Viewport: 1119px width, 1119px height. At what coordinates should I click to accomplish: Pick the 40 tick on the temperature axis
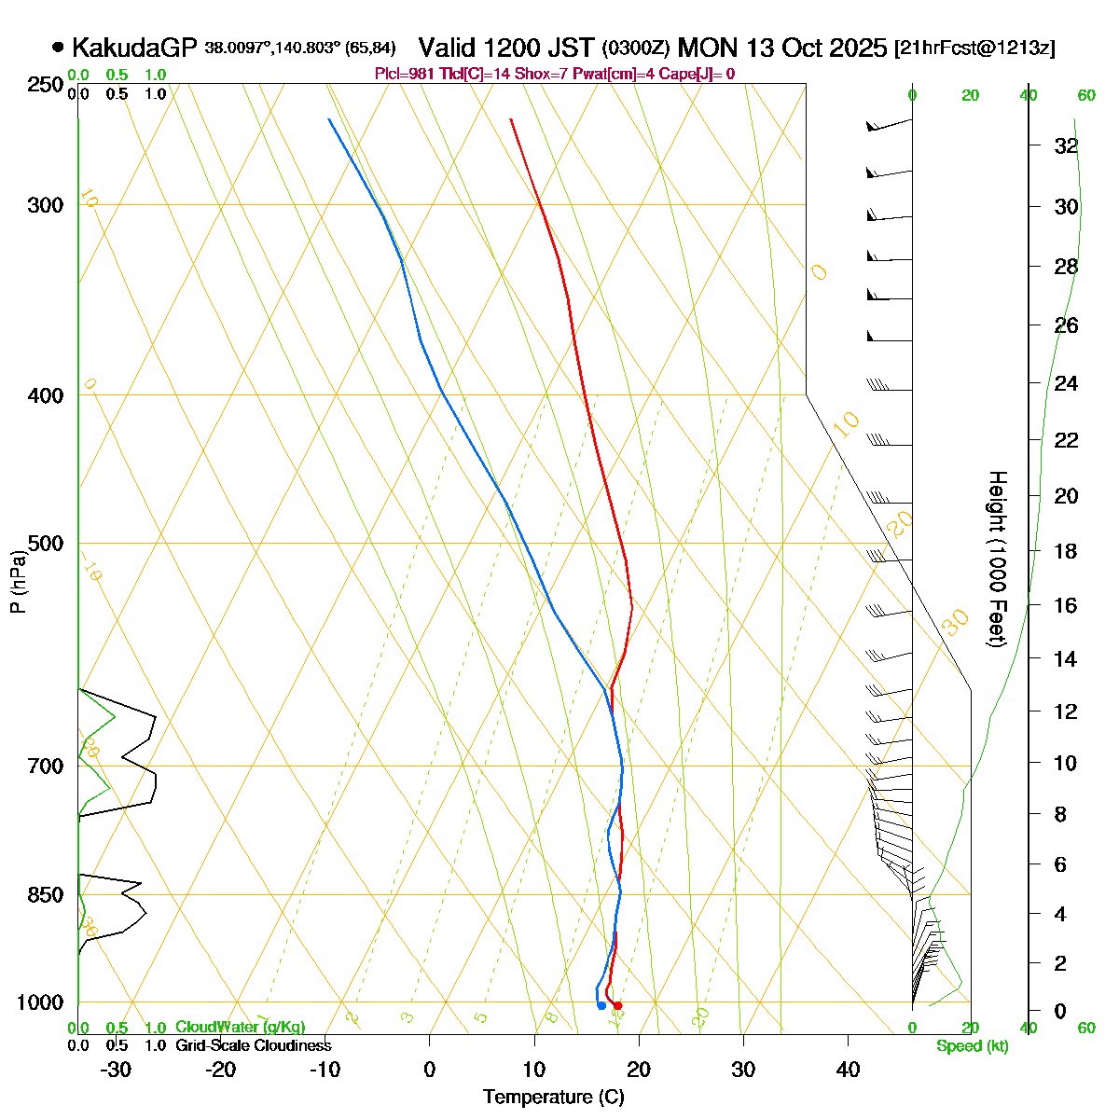click(x=848, y=1070)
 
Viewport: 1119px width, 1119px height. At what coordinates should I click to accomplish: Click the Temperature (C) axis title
click(x=554, y=1097)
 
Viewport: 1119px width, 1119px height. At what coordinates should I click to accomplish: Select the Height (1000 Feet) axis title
click(x=997, y=559)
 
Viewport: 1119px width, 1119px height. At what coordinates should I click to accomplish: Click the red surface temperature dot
click(x=617, y=1005)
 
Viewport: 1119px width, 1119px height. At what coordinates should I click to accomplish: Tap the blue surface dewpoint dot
click(x=601, y=1005)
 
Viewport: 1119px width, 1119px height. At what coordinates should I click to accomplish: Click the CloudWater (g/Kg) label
click(x=240, y=1028)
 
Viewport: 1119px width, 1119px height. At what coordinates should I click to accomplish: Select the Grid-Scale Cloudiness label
click(x=253, y=1045)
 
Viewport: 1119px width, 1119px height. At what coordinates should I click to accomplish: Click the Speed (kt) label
click(x=973, y=1046)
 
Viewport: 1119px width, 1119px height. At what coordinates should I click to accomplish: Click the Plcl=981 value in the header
click(x=405, y=75)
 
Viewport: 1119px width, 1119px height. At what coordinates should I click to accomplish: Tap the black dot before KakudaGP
click(x=59, y=47)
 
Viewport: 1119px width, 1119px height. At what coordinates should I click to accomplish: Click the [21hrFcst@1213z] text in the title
click(x=974, y=48)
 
